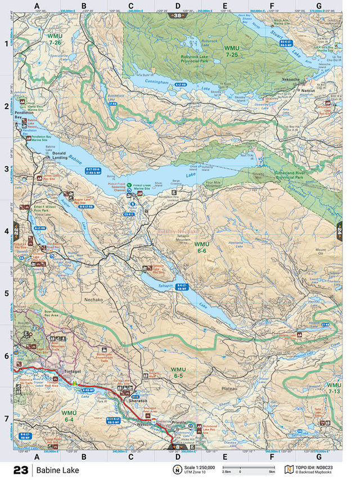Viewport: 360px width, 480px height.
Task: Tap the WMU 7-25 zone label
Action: coord(232,51)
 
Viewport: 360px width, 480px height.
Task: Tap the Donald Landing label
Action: coord(59,156)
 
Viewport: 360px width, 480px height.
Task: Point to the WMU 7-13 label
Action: coord(334,388)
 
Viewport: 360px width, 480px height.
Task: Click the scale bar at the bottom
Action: coord(247,468)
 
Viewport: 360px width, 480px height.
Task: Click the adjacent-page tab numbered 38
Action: coord(178,15)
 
